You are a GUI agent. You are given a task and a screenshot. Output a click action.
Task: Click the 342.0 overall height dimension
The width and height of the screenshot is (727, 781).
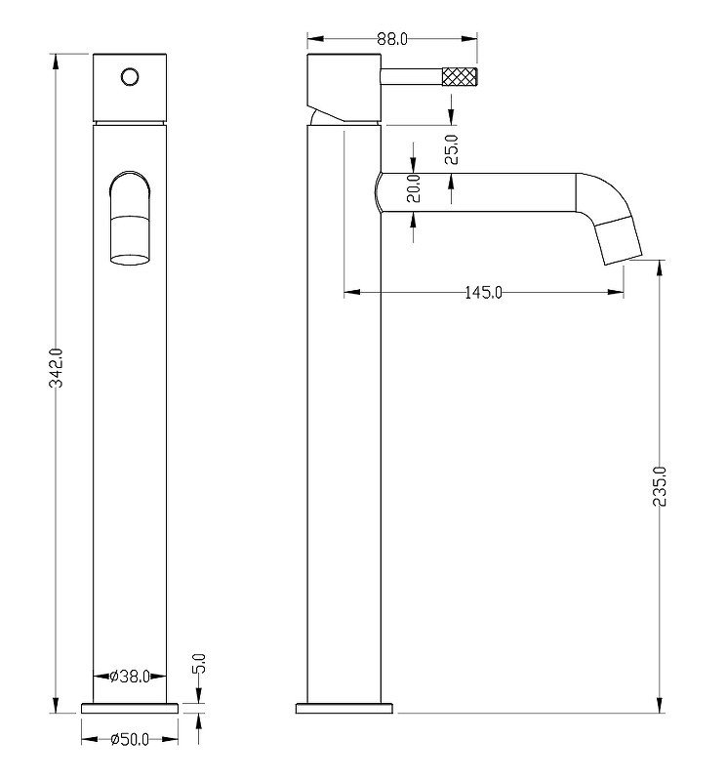pyautogui.click(x=57, y=368)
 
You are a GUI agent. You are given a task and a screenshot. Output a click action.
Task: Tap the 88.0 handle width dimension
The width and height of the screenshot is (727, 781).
pyautogui.click(x=392, y=39)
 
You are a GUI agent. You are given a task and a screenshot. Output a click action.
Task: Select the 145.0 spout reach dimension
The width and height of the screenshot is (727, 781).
pyautogui.click(x=483, y=292)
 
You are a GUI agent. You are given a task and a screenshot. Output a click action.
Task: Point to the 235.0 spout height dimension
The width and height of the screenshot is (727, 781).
pyautogui.click(x=660, y=486)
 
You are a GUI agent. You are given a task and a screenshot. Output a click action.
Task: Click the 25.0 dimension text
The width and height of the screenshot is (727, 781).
pyautogui.click(x=451, y=149)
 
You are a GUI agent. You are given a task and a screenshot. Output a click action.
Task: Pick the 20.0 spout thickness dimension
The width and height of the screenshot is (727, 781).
pyautogui.click(x=414, y=188)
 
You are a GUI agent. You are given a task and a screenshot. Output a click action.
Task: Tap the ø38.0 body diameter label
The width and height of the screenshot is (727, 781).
pyautogui.click(x=130, y=676)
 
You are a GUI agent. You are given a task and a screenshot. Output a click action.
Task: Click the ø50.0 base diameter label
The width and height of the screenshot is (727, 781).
pyautogui.click(x=130, y=739)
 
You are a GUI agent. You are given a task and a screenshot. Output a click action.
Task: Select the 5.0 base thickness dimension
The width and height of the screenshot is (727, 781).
pyautogui.click(x=199, y=664)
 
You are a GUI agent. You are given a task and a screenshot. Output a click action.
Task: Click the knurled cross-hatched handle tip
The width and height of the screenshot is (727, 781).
pyautogui.click(x=460, y=77)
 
